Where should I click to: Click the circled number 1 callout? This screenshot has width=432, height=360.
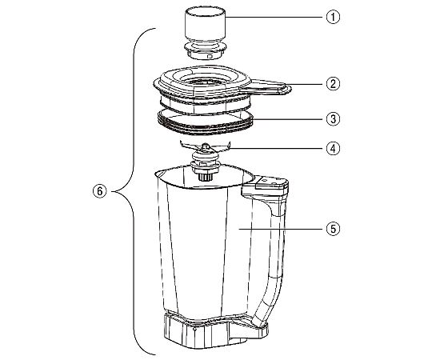(333, 17)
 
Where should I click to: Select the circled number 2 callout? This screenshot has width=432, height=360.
(333, 84)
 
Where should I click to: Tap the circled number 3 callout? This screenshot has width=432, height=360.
(333, 119)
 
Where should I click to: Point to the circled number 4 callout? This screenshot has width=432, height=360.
(333, 149)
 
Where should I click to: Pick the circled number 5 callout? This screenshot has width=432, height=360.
(333, 229)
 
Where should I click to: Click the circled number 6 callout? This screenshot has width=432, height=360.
(100, 191)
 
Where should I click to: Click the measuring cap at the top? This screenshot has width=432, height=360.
(206, 33)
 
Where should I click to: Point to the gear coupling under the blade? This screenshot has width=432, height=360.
(205, 176)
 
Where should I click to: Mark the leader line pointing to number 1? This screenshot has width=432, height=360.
(275, 17)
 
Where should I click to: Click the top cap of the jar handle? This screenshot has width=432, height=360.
(271, 182)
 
